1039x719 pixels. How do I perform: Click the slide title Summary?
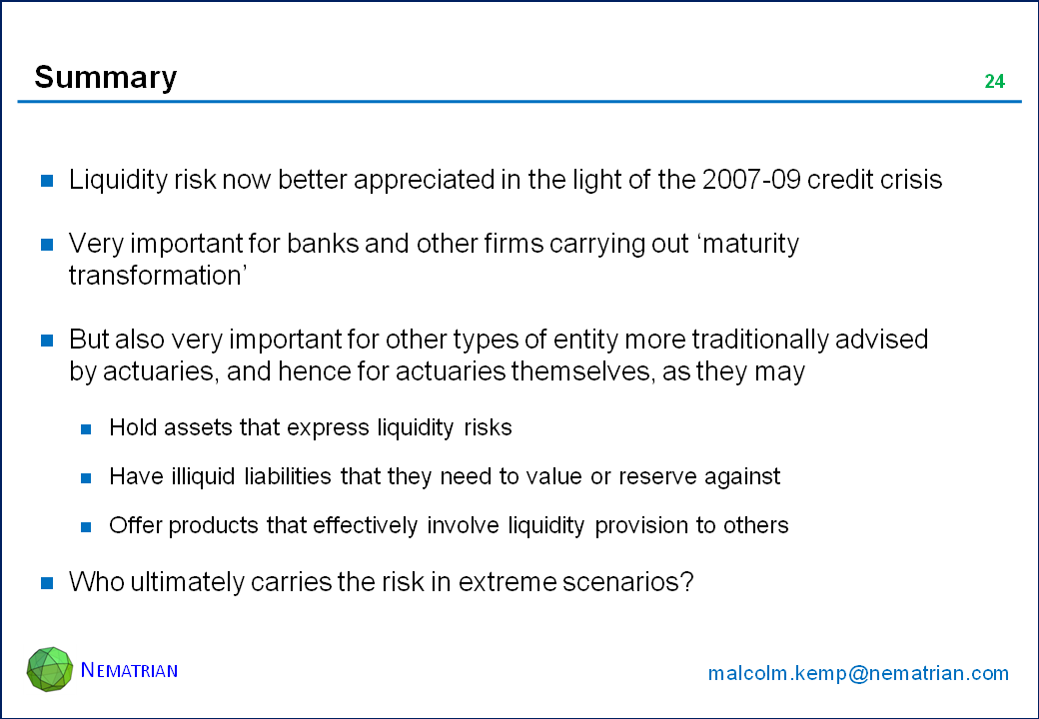(105, 78)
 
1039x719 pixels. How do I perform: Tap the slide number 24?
(995, 82)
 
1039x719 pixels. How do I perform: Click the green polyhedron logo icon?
(50, 669)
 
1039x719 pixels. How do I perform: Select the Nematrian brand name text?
(129, 670)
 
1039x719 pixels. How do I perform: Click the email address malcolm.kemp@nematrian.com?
(858, 673)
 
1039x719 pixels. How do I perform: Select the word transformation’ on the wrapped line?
(158, 276)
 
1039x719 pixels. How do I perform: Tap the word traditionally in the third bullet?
(760, 340)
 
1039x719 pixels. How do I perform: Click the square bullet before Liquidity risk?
(47, 181)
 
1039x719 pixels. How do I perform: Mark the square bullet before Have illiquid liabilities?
(86, 478)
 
